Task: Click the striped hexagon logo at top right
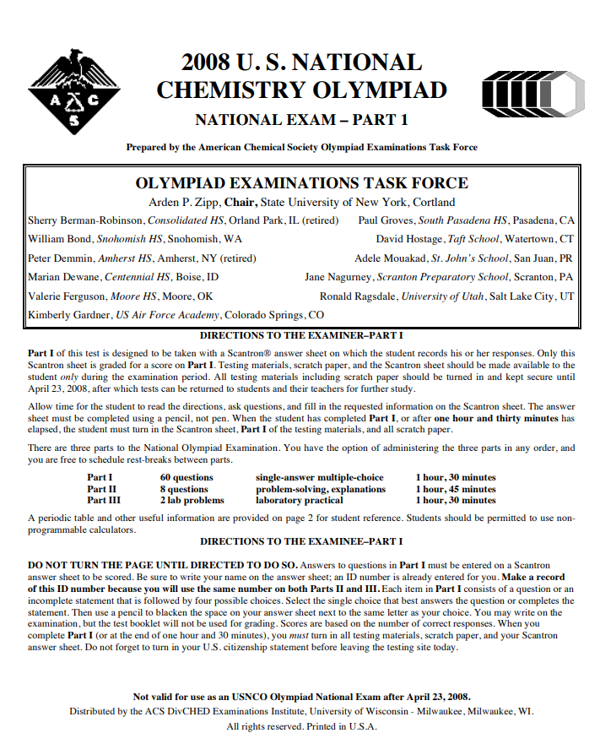click(531, 91)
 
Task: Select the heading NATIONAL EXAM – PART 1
click(301, 120)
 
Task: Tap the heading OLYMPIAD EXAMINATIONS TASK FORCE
click(301, 183)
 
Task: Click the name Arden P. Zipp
click(185, 203)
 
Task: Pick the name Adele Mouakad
click(391, 258)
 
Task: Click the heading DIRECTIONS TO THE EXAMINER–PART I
click(301, 335)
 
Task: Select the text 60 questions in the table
click(186, 477)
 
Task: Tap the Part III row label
click(104, 500)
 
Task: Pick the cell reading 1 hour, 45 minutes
click(455, 489)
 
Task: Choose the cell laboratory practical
click(300, 500)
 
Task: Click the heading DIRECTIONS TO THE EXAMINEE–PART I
click(301, 540)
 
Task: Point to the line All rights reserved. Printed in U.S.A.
click(301, 725)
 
